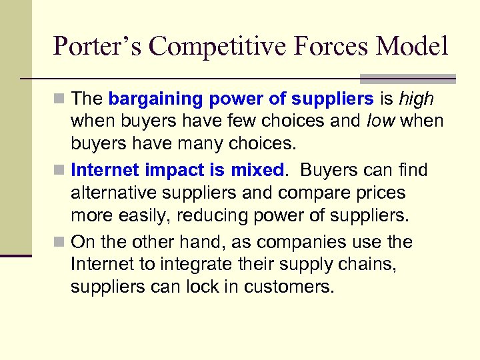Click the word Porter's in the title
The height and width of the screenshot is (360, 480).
(x=97, y=47)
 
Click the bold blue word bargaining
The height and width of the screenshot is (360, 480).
(x=155, y=99)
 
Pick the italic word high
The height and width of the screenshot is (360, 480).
(x=416, y=99)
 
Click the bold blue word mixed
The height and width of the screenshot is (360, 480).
(x=257, y=170)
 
